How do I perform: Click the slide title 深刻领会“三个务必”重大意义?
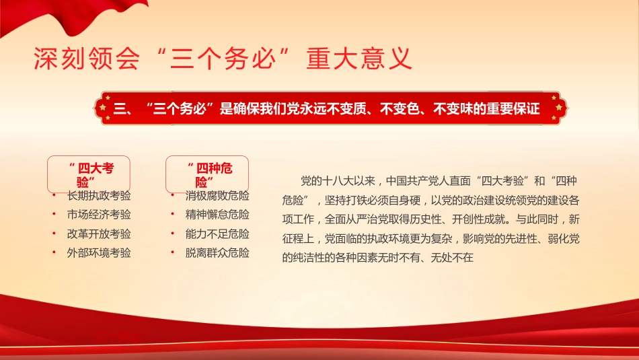tap(222, 59)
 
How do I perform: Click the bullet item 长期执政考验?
tap(99, 196)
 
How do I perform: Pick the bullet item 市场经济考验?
tap(99, 215)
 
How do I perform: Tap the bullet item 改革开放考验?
tap(99, 234)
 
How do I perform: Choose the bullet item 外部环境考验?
tap(99, 253)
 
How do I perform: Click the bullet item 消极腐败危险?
tap(217, 196)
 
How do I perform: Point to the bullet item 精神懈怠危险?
tap(217, 215)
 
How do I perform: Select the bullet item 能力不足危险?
tap(217, 234)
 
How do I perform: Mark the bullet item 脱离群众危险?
tap(217, 253)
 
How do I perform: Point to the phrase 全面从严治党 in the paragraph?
tap(356, 219)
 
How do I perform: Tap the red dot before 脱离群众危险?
tap(174, 253)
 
